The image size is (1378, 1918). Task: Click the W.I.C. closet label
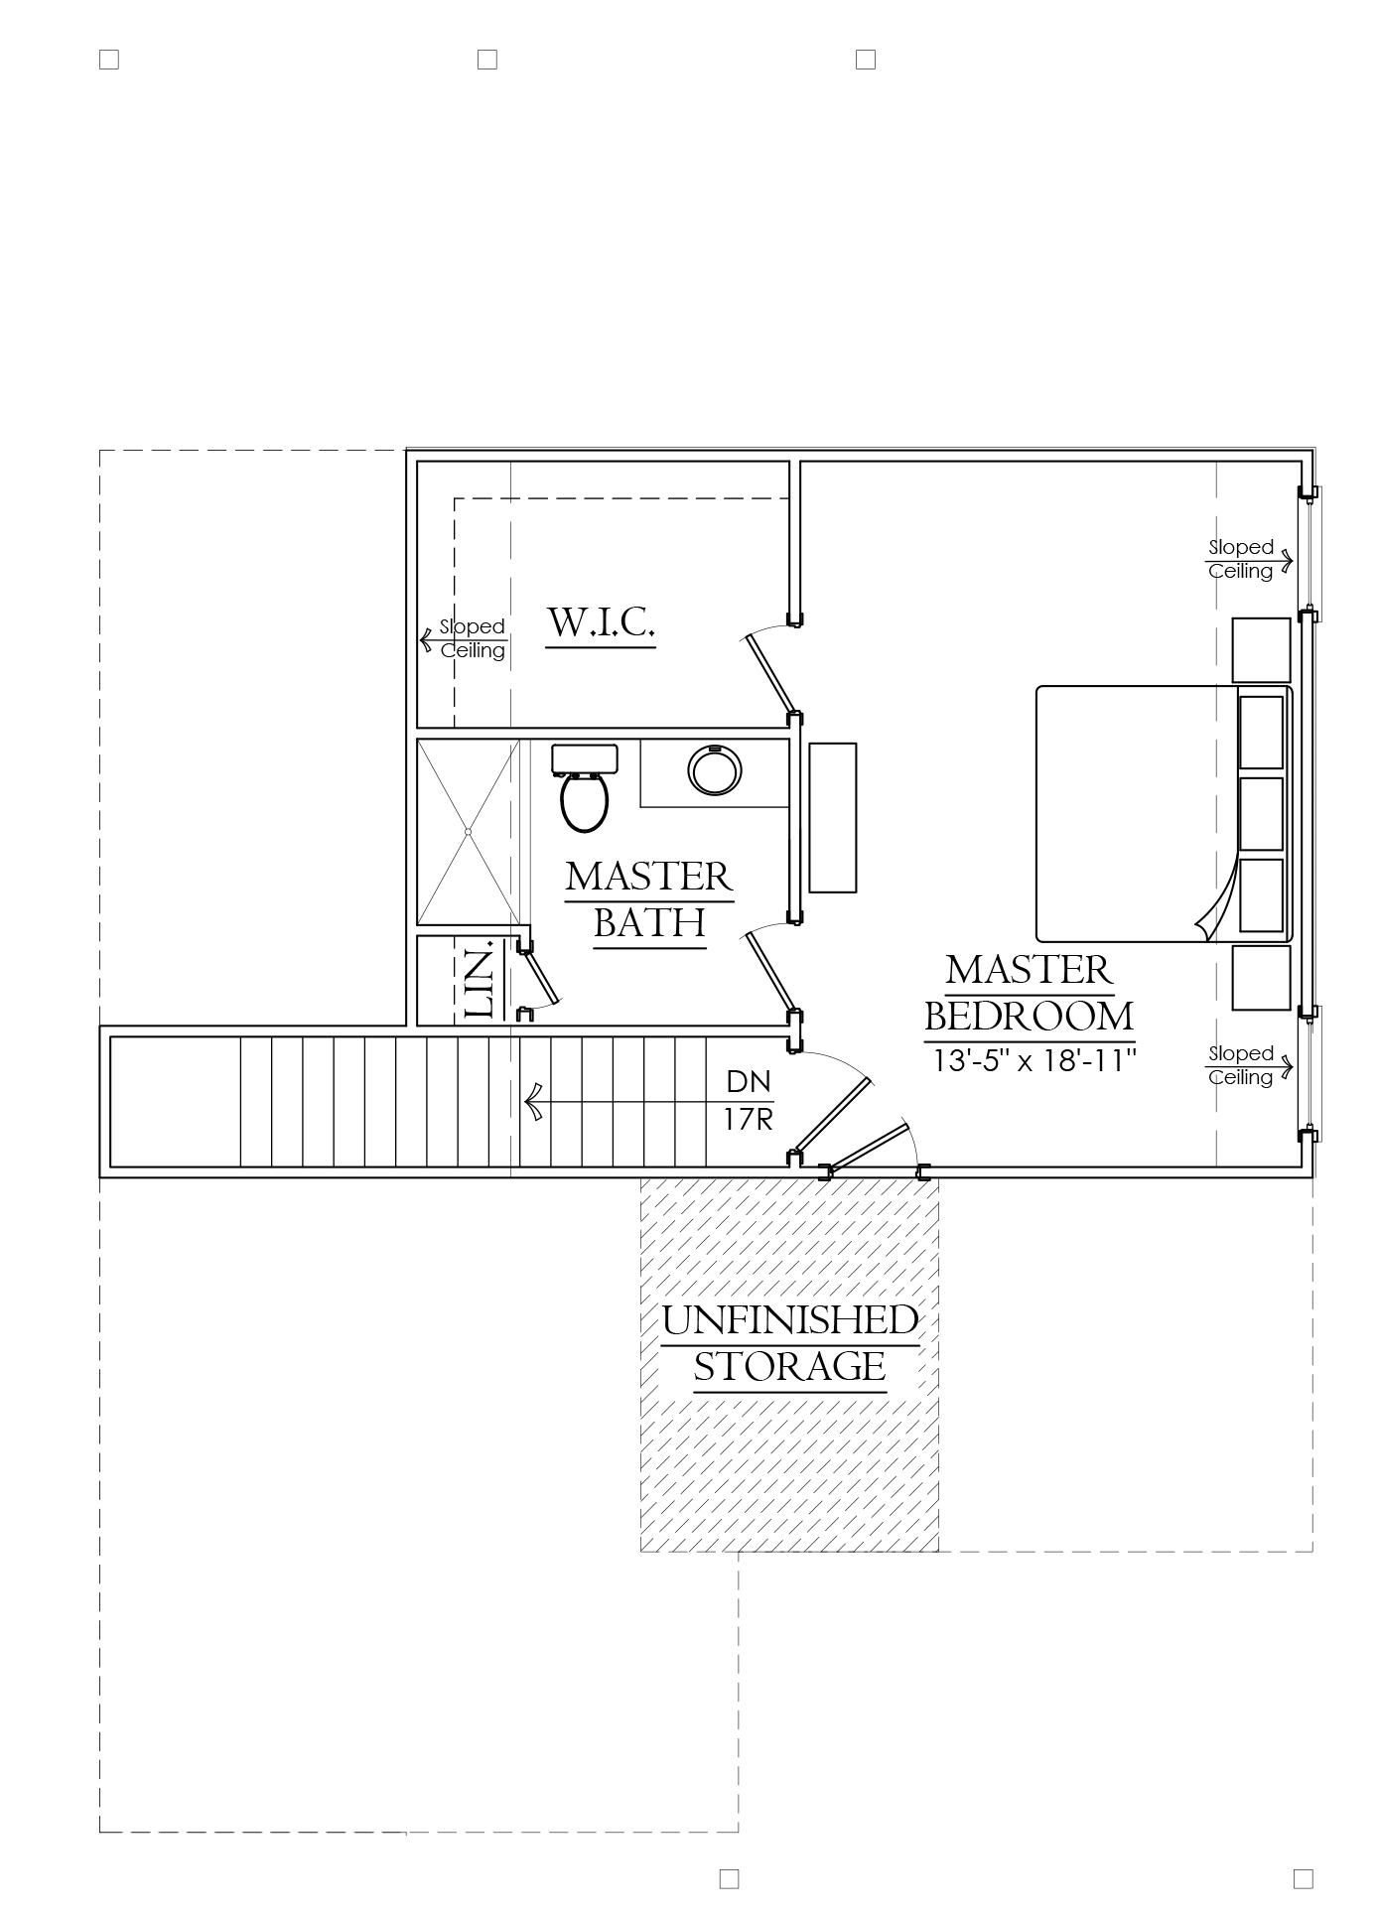tap(601, 623)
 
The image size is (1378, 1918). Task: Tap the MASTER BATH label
tap(649, 899)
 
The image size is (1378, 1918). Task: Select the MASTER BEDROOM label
tap(1030, 993)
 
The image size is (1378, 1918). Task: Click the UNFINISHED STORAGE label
tap(790, 1343)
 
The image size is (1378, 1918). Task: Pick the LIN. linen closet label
tap(481, 982)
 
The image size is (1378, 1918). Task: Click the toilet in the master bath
tap(584, 787)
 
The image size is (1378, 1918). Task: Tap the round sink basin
tap(715, 769)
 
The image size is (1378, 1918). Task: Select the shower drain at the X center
tap(468, 832)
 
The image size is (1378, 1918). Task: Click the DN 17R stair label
tap(749, 1100)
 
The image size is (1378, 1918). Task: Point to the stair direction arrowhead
tap(533, 1102)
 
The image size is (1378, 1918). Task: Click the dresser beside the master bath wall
tap(833, 817)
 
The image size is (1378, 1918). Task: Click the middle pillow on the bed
tap(1262, 813)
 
